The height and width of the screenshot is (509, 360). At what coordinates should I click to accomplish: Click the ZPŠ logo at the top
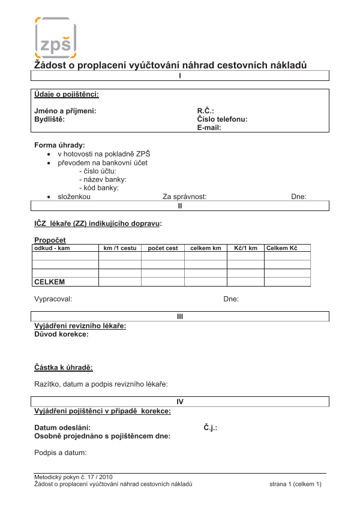click(56, 37)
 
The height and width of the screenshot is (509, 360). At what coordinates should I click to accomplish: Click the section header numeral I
click(180, 76)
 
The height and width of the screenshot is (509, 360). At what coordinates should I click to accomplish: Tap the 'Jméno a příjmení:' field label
click(65, 111)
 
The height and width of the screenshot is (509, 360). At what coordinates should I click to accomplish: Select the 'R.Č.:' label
click(206, 111)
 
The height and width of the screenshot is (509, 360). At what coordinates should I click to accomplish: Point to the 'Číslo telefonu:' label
click(222, 119)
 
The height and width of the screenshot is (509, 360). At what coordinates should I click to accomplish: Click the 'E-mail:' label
click(209, 128)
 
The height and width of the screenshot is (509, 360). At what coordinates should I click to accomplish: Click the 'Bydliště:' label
click(49, 119)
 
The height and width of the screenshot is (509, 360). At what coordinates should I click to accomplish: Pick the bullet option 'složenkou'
click(74, 197)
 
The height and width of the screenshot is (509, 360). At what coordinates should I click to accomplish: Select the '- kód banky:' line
click(98, 188)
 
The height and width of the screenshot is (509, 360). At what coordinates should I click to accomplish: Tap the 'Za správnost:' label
click(184, 197)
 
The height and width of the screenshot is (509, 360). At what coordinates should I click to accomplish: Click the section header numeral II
click(180, 206)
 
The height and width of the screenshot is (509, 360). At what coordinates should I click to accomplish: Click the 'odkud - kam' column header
click(53, 248)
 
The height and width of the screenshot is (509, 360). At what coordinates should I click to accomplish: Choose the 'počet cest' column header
click(163, 248)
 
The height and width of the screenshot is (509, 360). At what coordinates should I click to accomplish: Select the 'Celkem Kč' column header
click(282, 248)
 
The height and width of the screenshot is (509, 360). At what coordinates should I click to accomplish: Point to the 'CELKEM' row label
click(50, 282)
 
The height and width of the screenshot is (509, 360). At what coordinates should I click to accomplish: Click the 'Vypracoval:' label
click(53, 299)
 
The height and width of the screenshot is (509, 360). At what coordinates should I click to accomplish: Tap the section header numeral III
click(180, 316)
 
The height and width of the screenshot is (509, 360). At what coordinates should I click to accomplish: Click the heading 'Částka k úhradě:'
click(64, 368)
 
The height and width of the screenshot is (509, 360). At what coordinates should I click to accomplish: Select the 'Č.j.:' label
click(210, 428)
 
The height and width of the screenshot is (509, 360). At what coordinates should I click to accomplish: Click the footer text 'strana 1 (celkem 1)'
click(295, 484)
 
